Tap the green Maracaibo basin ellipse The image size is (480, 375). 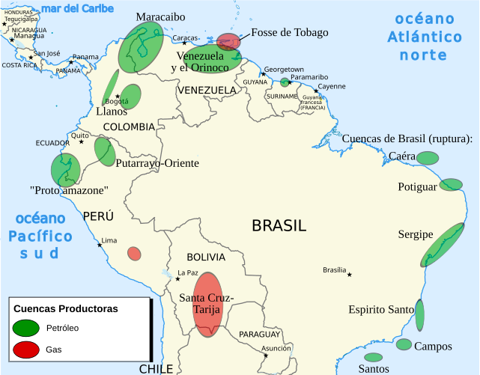142,46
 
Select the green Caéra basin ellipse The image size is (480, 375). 427,158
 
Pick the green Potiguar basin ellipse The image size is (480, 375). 451,184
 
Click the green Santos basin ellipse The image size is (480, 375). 373,357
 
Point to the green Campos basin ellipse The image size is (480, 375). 404,345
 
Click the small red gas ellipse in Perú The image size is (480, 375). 134,254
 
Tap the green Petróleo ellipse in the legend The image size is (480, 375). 26,328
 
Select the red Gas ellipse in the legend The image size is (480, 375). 26,349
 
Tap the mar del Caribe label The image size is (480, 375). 78,9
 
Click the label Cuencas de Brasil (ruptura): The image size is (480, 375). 407,139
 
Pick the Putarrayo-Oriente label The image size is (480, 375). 158,163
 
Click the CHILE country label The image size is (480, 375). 156,368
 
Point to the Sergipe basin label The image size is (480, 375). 416,234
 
